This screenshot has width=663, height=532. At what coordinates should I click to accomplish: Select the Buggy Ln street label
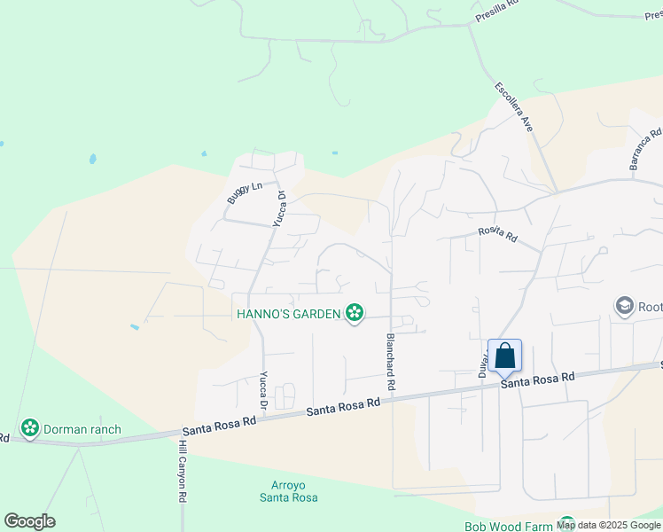coord(245,192)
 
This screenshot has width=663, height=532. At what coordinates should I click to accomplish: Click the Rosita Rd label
coord(497,234)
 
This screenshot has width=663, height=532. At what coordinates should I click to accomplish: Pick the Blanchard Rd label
coord(389,364)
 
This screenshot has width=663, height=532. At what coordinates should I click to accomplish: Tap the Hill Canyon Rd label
coord(182,472)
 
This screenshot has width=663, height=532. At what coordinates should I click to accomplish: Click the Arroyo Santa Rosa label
coord(289,491)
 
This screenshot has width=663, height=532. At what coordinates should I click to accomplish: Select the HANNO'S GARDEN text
coord(288,313)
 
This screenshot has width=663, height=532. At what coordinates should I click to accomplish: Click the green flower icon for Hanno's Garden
coord(355,312)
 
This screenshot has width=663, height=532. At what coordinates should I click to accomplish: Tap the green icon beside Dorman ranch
coord(31,429)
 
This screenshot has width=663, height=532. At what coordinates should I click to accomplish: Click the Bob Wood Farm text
coord(508,526)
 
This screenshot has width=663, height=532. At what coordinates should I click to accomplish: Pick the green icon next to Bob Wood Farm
coord(566,525)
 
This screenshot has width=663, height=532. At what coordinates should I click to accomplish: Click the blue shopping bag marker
coord(504,356)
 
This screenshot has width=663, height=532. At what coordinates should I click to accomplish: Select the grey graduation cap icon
coord(624,307)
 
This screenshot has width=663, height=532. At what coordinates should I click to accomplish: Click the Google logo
coord(29,521)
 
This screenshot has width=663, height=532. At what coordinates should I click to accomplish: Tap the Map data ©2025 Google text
coord(608,525)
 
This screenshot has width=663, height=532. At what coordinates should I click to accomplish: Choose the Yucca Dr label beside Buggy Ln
coord(279,209)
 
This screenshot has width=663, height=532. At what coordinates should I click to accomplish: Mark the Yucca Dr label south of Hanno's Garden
coord(264,388)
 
